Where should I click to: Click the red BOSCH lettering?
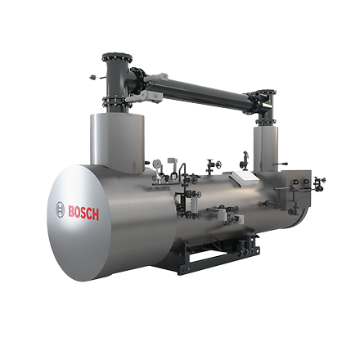pos(83,213)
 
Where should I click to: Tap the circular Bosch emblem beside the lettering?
pos(60,209)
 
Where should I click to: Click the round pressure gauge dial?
pos(157,163)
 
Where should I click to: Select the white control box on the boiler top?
pos(245,176)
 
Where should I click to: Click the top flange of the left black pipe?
pos(117,57)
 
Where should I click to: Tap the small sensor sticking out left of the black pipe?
pos(94,78)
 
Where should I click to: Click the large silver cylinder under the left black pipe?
pos(117,143)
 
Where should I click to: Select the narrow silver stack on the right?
pos(266,149)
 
